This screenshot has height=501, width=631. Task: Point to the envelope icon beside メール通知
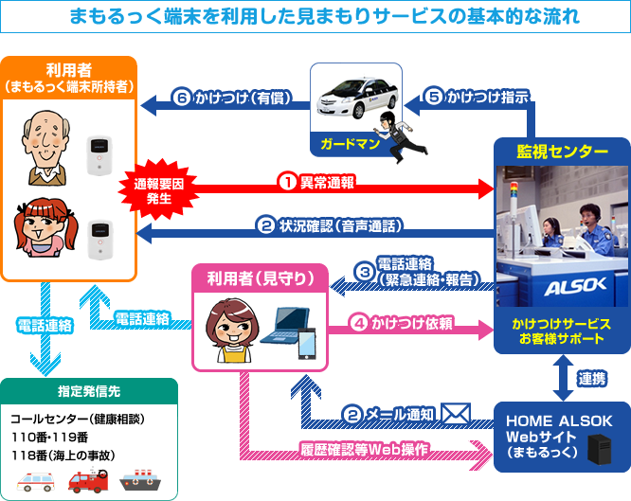click(x=457, y=413)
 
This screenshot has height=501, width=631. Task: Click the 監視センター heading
click(x=562, y=152)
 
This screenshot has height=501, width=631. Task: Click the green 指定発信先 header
click(x=88, y=389)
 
